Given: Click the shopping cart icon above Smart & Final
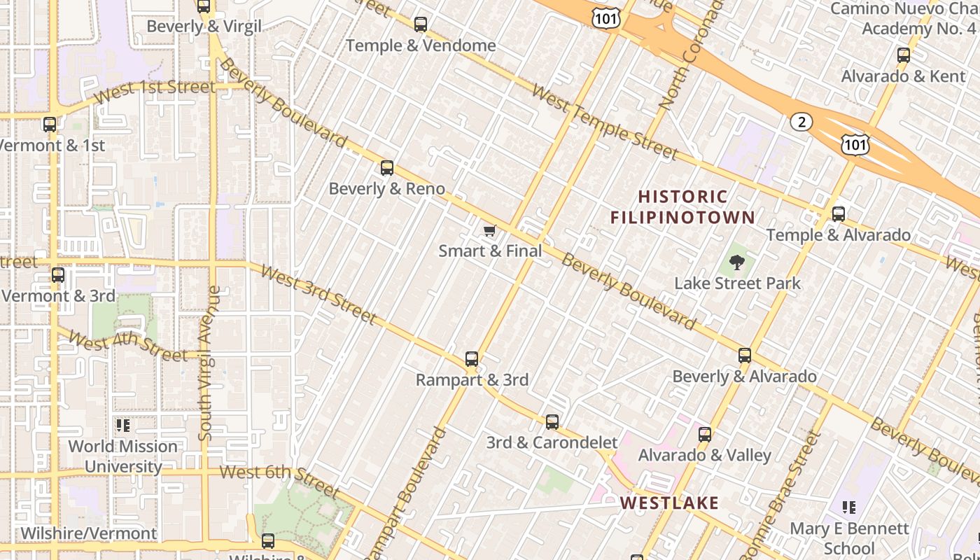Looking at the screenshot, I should [x=490, y=230].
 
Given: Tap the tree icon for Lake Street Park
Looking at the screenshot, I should [x=736, y=263].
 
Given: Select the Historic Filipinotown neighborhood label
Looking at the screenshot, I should [x=682, y=206].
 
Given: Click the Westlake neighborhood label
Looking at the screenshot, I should [x=669, y=503].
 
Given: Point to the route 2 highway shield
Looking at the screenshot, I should [x=801, y=122].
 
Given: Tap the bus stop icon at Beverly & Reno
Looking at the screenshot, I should [x=387, y=168].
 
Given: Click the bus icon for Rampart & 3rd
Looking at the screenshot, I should [x=472, y=359].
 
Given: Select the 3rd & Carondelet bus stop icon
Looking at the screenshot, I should [x=552, y=421].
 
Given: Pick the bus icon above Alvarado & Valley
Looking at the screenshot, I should [x=705, y=435].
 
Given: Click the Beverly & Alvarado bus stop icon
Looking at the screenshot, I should [x=745, y=356].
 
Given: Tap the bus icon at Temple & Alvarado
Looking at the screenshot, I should [x=839, y=214].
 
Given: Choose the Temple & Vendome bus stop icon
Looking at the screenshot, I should [x=421, y=24].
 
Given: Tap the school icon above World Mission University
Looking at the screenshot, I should [x=123, y=425].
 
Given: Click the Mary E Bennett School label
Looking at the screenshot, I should [x=849, y=538].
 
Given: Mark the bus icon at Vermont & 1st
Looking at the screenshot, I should [x=50, y=125].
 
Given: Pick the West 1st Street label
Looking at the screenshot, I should [x=155, y=90].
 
